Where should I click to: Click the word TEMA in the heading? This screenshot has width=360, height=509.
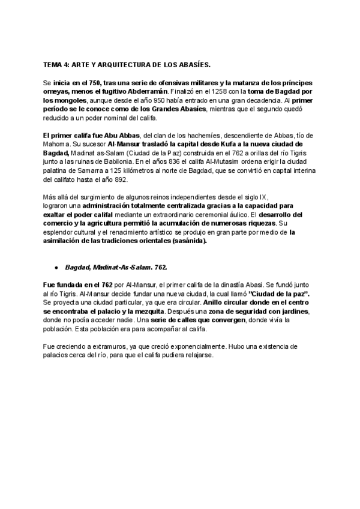pyautogui.click(x=53, y=64)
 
